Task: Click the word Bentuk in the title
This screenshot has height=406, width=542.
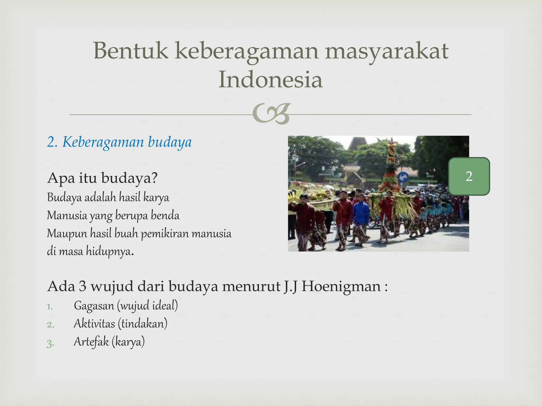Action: [x=130, y=50]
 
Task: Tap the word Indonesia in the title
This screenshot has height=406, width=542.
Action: [x=270, y=80]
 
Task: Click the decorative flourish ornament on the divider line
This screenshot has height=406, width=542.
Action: [x=271, y=114]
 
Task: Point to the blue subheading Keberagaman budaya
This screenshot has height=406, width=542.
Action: [x=119, y=142]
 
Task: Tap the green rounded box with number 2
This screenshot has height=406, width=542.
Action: [x=469, y=176]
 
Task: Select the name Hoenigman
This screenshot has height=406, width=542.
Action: [x=341, y=286]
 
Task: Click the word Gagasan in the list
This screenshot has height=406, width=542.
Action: [x=94, y=306]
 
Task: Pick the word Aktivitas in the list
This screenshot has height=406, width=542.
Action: [x=94, y=324]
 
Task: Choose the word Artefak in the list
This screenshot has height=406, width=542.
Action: [x=91, y=342]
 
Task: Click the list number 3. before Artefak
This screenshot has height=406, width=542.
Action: [x=50, y=343]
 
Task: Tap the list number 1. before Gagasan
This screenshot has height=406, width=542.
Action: [x=50, y=307]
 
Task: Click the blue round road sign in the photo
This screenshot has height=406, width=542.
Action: [x=403, y=177]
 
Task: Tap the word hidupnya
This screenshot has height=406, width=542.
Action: [x=109, y=251]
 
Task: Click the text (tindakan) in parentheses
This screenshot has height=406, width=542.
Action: [x=143, y=324]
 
